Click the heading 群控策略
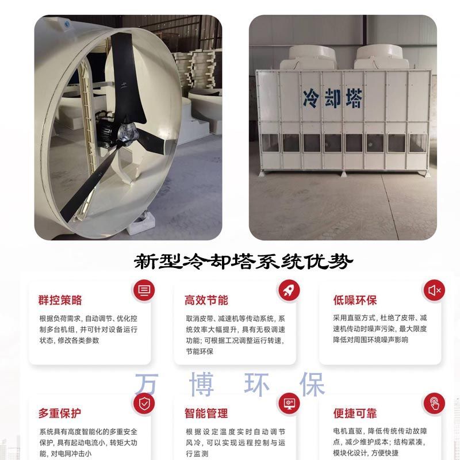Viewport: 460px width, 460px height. (60, 300)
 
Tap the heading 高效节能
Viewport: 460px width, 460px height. (206, 300)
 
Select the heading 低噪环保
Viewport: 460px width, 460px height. (355, 300)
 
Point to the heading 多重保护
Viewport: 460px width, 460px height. (60, 413)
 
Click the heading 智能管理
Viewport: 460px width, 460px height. (206, 413)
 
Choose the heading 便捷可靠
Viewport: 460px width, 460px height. (355, 413)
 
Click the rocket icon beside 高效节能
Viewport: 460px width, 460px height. (289, 290)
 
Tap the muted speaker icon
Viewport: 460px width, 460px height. (434, 290)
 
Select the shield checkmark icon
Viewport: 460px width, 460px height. (144, 404)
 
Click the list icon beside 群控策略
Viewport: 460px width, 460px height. (144, 290)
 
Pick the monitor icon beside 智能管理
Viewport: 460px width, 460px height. (289, 404)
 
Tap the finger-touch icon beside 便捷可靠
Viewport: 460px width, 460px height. (434, 404)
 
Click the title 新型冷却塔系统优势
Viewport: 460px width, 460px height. (243, 261)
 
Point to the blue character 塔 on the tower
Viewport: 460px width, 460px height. (354, 98)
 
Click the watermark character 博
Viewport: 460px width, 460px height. (202, 384)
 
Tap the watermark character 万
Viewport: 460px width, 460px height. (147, 384)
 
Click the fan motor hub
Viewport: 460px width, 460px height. (128, 133)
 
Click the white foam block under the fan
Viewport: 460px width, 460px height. (141, 224)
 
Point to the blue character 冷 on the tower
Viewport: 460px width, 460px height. (311, 98)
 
